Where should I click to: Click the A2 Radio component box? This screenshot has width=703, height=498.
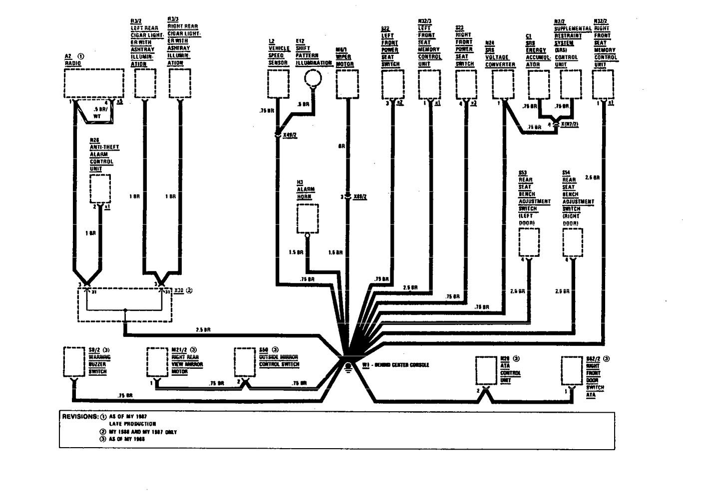(94, 83)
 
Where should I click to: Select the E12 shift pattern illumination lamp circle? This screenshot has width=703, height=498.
(314, 77)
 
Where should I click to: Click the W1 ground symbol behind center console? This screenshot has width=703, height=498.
(348, 368)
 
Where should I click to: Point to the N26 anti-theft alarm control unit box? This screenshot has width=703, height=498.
(100, 189)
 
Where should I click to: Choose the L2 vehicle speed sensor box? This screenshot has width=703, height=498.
(278, 83)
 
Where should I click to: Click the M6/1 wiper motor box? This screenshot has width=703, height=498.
(347, 83)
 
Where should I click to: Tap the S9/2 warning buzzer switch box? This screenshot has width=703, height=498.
(74, 362)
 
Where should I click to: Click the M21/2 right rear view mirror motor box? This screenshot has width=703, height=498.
(157, 362)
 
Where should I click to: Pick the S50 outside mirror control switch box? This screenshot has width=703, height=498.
(245, 362)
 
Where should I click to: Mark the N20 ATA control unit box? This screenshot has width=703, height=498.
(486, 370)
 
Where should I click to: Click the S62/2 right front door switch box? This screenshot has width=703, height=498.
(572, 370)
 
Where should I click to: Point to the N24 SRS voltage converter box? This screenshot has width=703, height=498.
(503, 83)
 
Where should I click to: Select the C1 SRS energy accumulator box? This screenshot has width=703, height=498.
(539, 83)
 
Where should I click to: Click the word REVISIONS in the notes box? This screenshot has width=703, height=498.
(79, 416)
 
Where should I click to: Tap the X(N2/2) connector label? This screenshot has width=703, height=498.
(569, 124)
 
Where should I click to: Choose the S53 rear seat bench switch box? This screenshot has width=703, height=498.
(529, 242)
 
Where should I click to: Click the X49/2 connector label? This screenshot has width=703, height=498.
(290, 135)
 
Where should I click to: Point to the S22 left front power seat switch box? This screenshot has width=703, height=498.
(392, 83)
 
